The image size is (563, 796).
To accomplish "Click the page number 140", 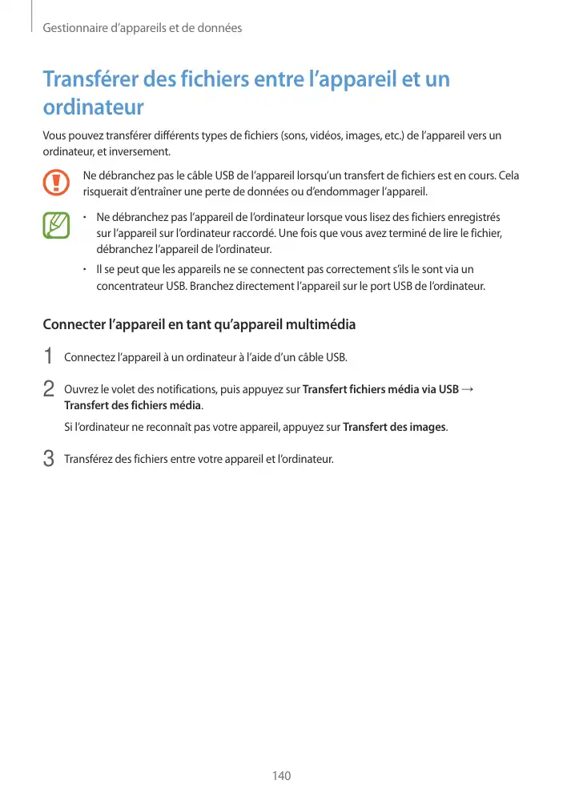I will pos(281,776).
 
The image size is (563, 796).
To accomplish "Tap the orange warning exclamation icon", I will pos(57,183).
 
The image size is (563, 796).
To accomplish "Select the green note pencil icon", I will pos(57,225).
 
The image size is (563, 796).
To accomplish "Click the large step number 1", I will pos(48,356).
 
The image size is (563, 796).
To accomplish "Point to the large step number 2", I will pos(48,388).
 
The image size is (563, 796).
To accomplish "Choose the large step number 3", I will pos(48,459).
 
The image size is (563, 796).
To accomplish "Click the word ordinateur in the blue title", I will pos(93,107).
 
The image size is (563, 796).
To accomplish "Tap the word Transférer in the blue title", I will pos(91,80).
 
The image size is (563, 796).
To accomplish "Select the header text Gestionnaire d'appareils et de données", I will pos(142,29).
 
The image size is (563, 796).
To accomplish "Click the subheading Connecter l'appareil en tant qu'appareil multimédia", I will pos(199,325).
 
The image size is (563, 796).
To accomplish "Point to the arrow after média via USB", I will pos(468,389).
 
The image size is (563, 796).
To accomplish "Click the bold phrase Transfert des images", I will pos(394,427).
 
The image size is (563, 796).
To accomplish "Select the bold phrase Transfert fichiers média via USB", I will pos(380,389).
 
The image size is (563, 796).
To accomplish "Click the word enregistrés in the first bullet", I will pos(473,217).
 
